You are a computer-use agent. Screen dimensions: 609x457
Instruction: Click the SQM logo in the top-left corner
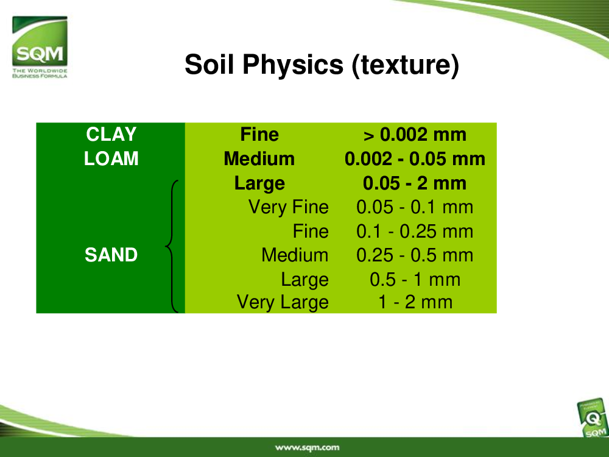tap(40, 47)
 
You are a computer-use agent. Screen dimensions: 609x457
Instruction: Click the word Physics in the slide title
tap(293, 65)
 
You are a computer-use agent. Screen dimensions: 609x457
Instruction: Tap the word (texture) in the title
tap(406, 65)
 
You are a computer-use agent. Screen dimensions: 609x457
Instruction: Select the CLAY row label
tap(111, 135)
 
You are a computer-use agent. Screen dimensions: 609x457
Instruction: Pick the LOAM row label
tap(111, 158)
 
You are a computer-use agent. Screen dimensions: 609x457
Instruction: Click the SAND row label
tap(111, 255)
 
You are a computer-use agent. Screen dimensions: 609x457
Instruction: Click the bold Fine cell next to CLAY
tap(259, 135)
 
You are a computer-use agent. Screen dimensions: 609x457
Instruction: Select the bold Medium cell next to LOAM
tap(259, 158)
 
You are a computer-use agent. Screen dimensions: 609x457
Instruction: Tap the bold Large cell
tap(259, 183)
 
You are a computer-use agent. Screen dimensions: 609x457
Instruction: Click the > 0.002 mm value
tap(415, 135)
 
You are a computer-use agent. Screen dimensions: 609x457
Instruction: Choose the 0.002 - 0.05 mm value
tap(415, 159)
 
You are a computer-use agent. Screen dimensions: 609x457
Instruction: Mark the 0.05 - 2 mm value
tap(415, 183)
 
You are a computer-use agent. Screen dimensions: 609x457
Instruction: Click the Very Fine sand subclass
tap(289, 207)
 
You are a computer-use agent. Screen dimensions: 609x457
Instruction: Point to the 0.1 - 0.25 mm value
tap(415, 232)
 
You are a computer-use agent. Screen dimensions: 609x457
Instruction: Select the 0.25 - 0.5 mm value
tap(415, 255)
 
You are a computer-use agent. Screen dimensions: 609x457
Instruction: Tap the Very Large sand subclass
tap(283, 302)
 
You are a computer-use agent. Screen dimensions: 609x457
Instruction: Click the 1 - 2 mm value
tap(415, 302)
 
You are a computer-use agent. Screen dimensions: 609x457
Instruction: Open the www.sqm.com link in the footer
tap(307, 448)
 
